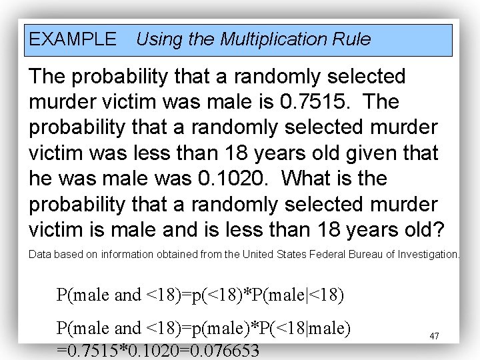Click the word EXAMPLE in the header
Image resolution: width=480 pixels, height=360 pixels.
(72, 39)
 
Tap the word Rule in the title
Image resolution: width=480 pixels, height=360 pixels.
(354, 39)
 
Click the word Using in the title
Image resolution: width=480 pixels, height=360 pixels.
(157, 39)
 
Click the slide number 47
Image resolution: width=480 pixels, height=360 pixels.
(434, 336)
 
